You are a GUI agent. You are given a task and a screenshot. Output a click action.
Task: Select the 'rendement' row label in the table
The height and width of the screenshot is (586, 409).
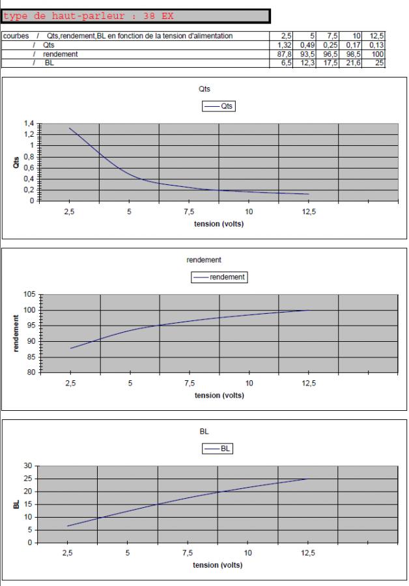[60, 54]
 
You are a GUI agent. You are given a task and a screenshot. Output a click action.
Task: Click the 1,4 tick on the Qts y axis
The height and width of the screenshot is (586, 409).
[29, 123]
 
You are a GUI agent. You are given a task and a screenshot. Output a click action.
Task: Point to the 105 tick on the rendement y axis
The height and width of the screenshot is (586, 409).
[30, 294]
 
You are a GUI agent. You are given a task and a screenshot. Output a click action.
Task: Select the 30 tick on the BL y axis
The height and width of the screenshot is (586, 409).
[27, 466]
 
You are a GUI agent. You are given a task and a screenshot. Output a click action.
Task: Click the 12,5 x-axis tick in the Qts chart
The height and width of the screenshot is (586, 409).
[309, 213]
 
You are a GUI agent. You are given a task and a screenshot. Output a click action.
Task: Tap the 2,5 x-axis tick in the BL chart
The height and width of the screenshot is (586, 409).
[68, 553]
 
